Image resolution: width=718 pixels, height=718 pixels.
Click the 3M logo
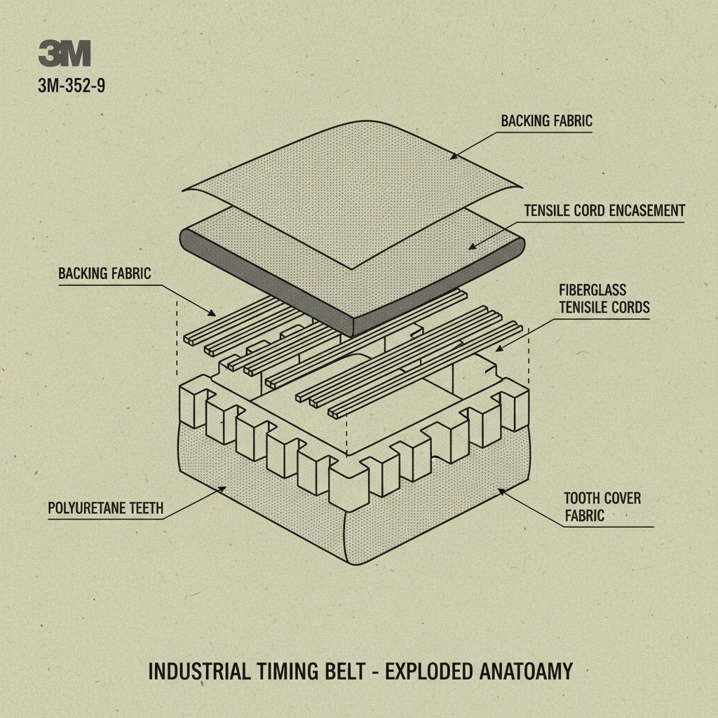coord(65,53)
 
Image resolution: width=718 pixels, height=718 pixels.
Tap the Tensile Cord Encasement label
coord(604,210)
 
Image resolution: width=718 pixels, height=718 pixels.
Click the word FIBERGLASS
coord(592,290)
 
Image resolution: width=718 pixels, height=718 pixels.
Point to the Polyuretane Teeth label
coord(105,508)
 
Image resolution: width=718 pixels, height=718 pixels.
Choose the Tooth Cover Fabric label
coord(602,507)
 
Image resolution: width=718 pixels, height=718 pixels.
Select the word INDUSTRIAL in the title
coord(198,672)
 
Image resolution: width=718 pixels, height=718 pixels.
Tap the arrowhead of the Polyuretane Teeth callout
coord(224,488)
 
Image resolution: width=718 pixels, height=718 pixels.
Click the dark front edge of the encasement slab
coord(273,287)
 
